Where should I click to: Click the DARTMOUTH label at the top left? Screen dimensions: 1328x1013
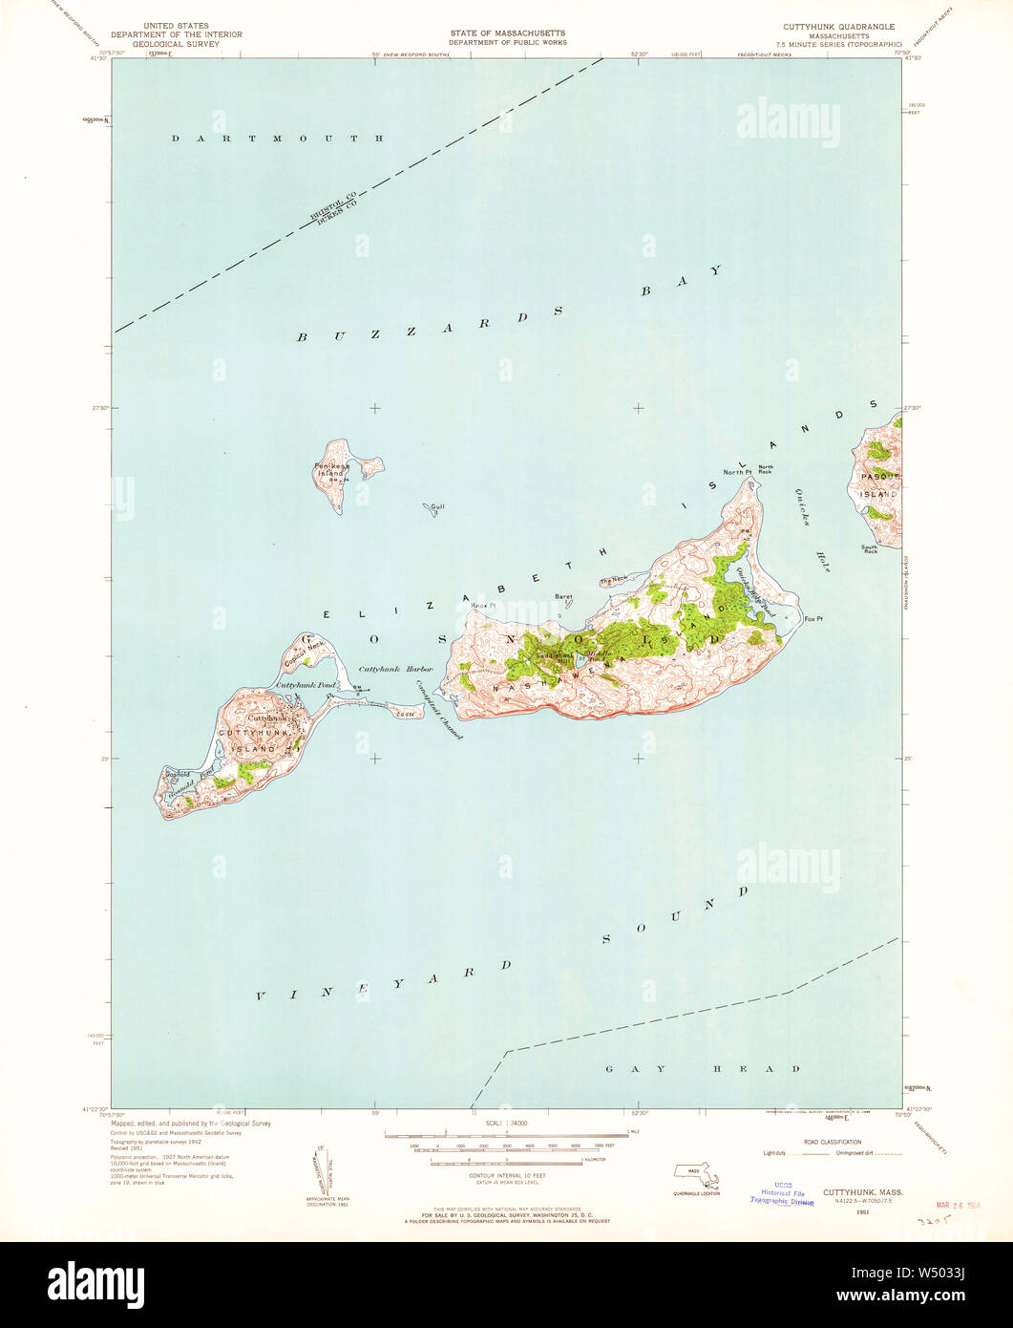(278, 139)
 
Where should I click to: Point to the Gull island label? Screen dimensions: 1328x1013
(438, 507)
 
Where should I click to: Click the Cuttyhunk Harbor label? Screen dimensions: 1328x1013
(395, 670)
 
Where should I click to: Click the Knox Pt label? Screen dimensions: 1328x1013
(487, 606)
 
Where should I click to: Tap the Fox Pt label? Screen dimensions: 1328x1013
(813, 619)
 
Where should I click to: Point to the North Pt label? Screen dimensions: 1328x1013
(736, 473)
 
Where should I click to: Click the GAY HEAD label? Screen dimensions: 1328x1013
(703, 1069)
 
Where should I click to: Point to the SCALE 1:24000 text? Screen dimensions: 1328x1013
(506, 1125)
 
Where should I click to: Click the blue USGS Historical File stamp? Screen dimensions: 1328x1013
(782, 1195)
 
